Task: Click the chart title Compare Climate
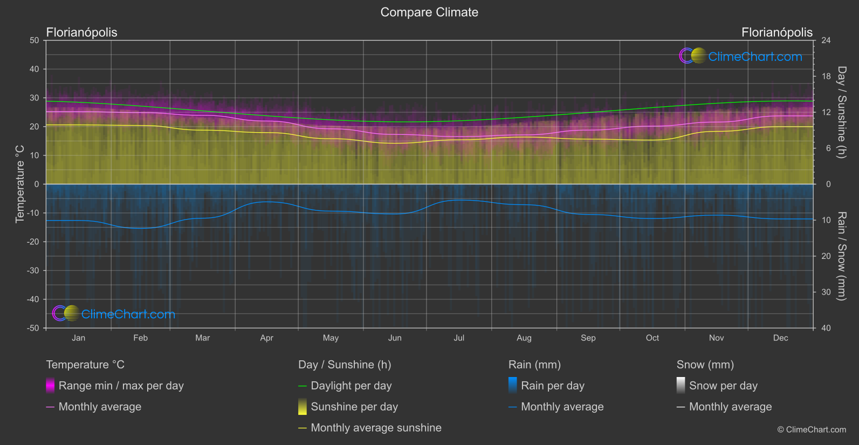click(x=429, y=12)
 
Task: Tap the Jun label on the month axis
click(x=395, y=338)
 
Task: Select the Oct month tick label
click(x=652, y=338)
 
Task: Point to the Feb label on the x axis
click(x=140, y=338)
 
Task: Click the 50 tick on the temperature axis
click(x=35, y=40)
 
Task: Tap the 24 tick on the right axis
click(x=826, y=40)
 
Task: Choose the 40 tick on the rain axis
click(x=826, y=328)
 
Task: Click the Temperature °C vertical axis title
click(x=20, y=184)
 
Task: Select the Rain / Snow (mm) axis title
click(x=841, y=256)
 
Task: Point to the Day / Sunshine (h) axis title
click(x=841, y=112)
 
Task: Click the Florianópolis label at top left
click(x=81, y=32)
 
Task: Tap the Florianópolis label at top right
click(x=776, y=32)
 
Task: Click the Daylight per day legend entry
click(x=351, y=386)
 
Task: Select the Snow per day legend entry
click(x=723, y=386)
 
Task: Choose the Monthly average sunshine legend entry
click(x=376, y=428)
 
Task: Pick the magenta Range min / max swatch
click(x=50, y=386)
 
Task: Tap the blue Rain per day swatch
click(x=513, y=386)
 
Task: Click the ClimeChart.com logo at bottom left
click(x=114, y=314)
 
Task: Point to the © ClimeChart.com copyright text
click(x=812, y=430)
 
